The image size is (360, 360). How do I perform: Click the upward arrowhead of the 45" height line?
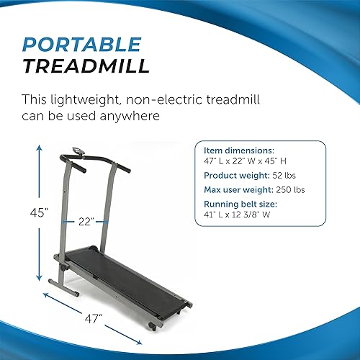coord(37,148)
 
